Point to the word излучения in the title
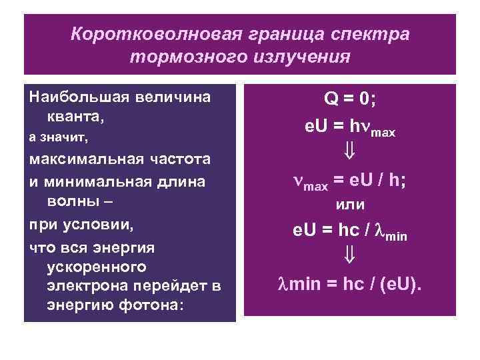coord(299,57)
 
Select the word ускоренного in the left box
coord(97,267)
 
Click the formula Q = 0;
coord(350,99)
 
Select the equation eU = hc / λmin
coord(350,233)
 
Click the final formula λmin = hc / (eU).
coord(350,285)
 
